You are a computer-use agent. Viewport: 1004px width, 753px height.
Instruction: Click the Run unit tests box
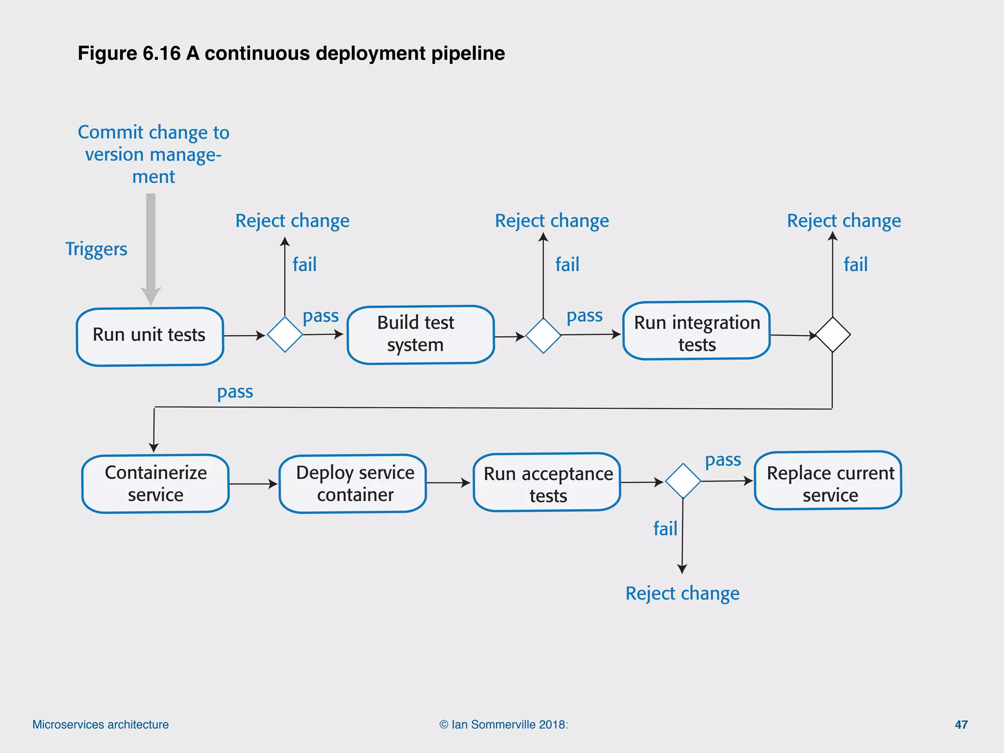point(150,336)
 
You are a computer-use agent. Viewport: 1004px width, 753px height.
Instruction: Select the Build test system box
point(420,334)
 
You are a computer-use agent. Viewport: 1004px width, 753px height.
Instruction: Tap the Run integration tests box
point(696,331)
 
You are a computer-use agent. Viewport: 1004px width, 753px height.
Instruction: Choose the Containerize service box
point(155,483)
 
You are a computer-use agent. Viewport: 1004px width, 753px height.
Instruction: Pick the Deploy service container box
point(352,483)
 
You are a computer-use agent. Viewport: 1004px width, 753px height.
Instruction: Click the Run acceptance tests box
point(547,482)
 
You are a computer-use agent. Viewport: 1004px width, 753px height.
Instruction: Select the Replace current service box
point(828,480)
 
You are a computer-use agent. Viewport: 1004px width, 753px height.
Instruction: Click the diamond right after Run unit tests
point(285,335)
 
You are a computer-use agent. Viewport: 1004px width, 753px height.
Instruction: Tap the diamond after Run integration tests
point(832,335)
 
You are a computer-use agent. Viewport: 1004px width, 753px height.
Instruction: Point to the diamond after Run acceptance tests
point(683,481)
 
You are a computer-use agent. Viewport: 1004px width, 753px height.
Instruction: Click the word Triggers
point(96,249)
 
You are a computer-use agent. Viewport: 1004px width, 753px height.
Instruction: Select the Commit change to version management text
point(153,154)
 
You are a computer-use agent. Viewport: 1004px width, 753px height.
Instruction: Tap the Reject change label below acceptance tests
point(682,594)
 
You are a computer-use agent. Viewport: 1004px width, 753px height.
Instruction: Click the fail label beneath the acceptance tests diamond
point(665,529)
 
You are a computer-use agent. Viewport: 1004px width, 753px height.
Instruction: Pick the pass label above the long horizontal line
point(235,392)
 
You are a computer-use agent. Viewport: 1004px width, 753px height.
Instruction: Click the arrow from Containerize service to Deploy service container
point(253,484)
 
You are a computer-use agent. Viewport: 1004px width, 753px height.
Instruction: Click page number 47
point(961,725)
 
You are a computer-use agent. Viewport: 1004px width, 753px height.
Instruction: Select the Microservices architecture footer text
point(100,725)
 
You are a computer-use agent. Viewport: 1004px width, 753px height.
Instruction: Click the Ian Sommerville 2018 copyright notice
point(503,725)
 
